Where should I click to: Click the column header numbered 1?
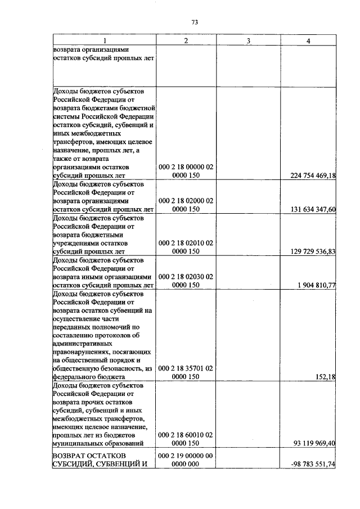pos(104,40)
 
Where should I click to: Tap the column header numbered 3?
pos(247,40)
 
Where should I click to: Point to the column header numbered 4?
pos(308,40)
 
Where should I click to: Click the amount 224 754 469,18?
pos(313,176)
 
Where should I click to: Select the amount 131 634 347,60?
pos(313,209)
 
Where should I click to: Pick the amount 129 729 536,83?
pos(313,251)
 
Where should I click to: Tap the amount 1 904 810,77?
pos(317,285)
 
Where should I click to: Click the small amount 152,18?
pos(326,377)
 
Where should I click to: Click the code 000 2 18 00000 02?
pos(186,167)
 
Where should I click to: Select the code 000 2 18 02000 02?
pos(186,200)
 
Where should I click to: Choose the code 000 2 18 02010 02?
pos(186,242)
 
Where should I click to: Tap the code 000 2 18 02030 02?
pos(186,276)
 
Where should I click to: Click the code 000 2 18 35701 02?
pos(186,368)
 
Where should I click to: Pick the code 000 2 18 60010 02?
pos(186,435)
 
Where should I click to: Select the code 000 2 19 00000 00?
pos(186,455)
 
